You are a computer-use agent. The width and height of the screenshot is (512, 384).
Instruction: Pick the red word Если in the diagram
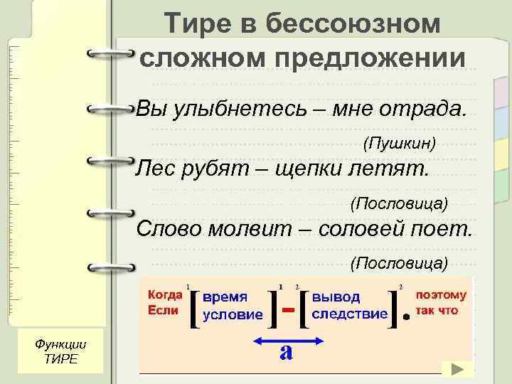pos(160,310)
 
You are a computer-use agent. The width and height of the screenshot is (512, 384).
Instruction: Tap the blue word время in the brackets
pos(225,297)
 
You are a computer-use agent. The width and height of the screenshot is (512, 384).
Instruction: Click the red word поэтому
pos(441,295)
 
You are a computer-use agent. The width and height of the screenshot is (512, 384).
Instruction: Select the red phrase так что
pos(437,311)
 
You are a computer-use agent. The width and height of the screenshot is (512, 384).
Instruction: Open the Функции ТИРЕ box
pos(60,350)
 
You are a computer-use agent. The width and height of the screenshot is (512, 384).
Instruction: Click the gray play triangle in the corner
pos(458,369)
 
